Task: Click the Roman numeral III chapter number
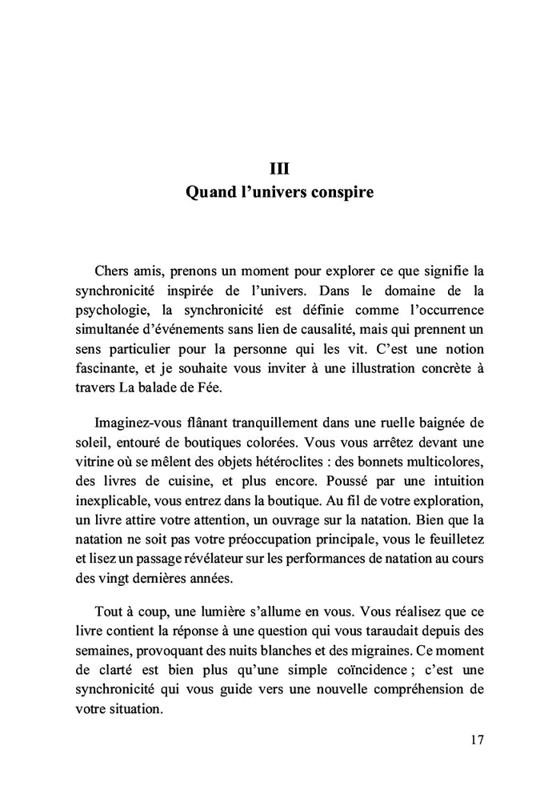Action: pos(279,169)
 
